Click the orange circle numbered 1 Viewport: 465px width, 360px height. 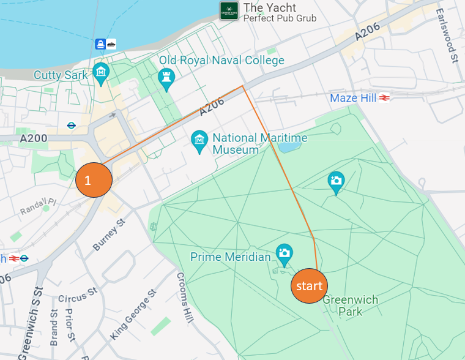[x=94, y=181]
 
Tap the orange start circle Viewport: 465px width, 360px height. [x=309, y=286]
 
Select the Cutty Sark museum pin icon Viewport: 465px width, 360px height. [x=100, y=73]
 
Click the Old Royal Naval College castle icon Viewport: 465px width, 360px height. [x=166, y=78]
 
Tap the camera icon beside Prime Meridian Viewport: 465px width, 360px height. [x=283, y=253]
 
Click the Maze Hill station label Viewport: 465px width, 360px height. [x=353, y=98]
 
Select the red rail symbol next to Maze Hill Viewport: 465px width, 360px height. [x=385, y=98]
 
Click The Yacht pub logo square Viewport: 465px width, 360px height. [x=229, y=10]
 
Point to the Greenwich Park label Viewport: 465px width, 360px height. [x=351, y=306]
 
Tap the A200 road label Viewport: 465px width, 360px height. [x=33, y=139]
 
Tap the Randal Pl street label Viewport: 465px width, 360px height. [x=37, y=206]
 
